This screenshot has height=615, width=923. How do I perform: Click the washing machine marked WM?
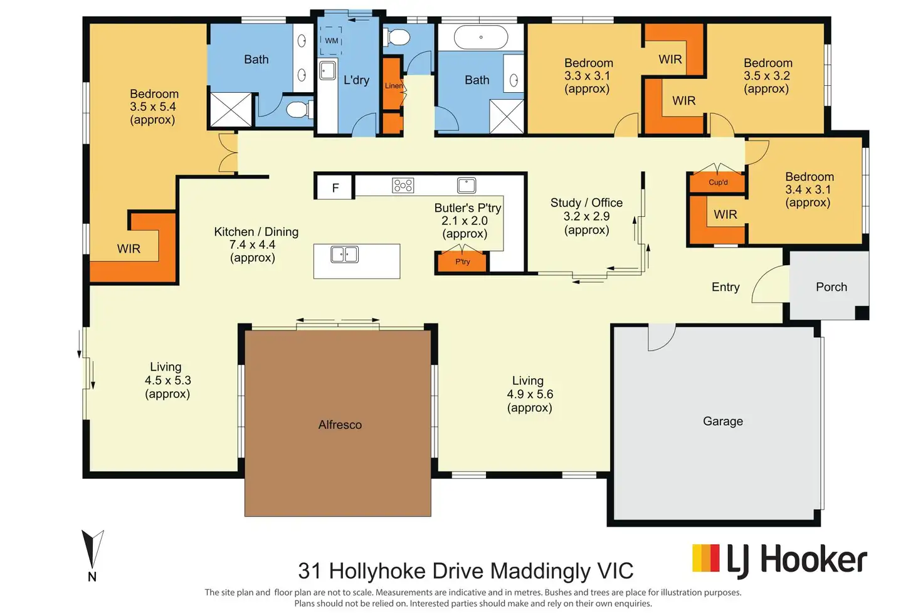coord(331,40)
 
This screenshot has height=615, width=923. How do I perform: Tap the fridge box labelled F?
coord(335,188)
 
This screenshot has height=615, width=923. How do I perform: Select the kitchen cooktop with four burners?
coord(403,186)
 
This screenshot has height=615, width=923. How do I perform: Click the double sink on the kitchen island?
coord(344,254)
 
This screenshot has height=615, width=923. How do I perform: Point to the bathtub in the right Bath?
coord(481,38)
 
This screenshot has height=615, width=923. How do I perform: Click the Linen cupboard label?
coord(394,86)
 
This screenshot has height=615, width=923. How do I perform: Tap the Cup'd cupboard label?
coord(718,182)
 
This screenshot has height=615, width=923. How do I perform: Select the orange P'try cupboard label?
coord(462,261)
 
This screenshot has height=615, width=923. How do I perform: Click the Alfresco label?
coord(340,424)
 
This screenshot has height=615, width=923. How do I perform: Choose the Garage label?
coord(723,421)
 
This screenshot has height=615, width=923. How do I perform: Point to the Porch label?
coord(831,286)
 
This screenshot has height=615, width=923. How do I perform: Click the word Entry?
coord(725,286)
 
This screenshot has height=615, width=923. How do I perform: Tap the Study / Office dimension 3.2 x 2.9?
coord(586,216)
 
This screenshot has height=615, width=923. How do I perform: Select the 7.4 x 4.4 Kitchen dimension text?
coord(252,244)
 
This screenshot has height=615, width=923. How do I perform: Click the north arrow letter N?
coord(92,577)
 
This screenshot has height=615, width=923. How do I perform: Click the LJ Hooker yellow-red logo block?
coord(706,558)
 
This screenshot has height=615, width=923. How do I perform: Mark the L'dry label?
coord(356,80)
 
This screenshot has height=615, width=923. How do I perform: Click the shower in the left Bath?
coord(231,110)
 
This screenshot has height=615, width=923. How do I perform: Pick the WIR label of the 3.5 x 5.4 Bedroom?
coord(129,249)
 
